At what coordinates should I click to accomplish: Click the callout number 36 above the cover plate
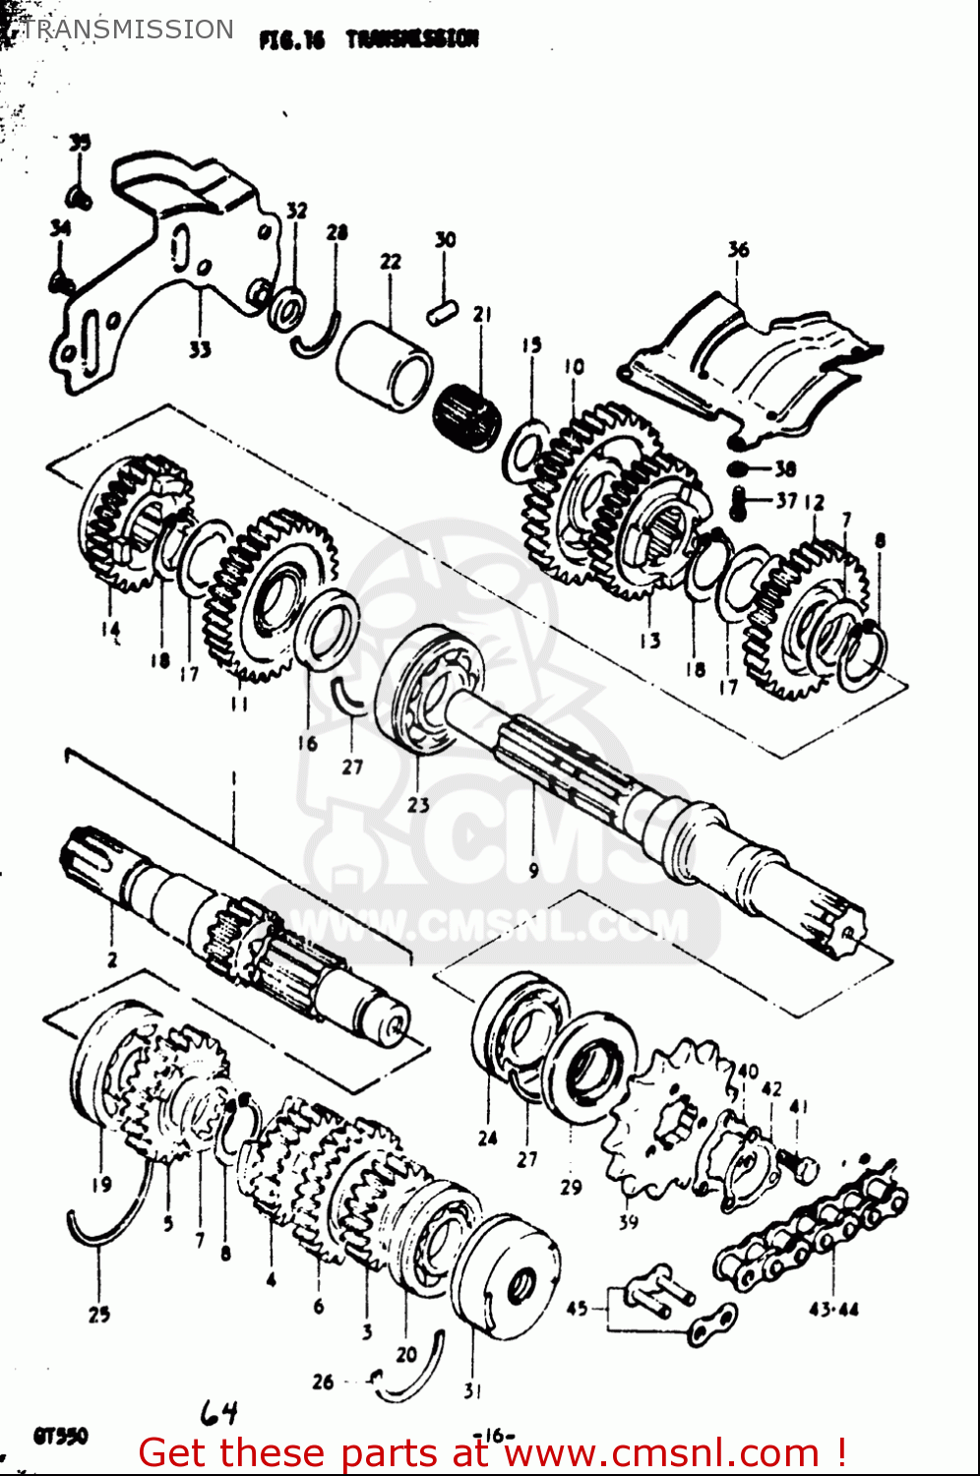click(x=738, y=250)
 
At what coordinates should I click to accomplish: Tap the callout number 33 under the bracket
click(x=200, y=349)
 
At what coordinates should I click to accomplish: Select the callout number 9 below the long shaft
click(x=532, y=870)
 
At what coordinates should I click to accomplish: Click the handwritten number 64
click(x=218, y=1414)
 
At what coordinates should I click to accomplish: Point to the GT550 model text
click(x=60, y=1436)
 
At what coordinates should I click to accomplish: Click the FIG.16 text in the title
click(x=290, y=39)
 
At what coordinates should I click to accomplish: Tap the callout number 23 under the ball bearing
click(x=418, y=804)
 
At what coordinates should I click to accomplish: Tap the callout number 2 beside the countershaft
click(x=111, y=958)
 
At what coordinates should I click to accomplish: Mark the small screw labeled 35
click(x=83, y=198)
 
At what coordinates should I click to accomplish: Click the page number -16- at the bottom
click(x=494, y=1435)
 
